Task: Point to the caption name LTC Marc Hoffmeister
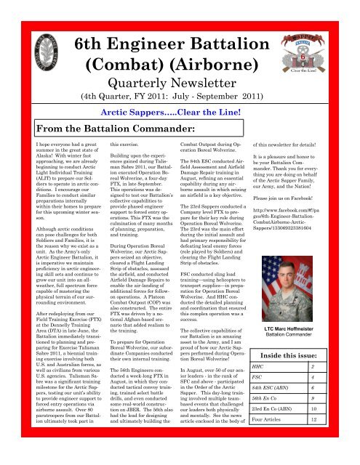pyautogui.click(x=304, y=313)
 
